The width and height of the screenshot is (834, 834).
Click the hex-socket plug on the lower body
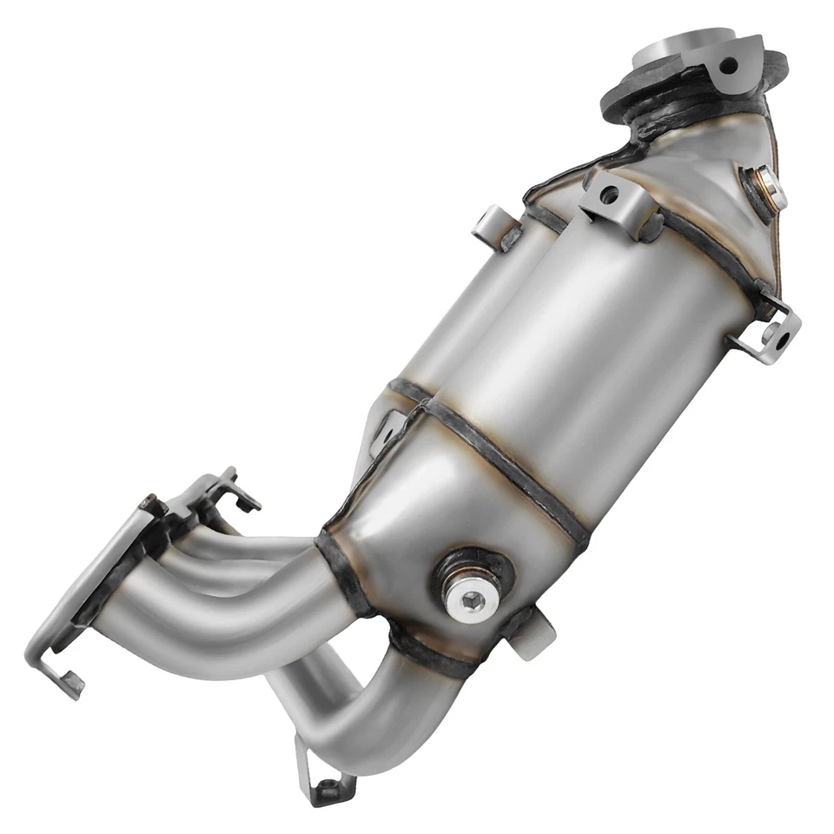click(471, 599)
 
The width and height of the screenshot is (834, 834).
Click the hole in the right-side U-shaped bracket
click(787, 328)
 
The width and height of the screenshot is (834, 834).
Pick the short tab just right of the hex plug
click(537, 634)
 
